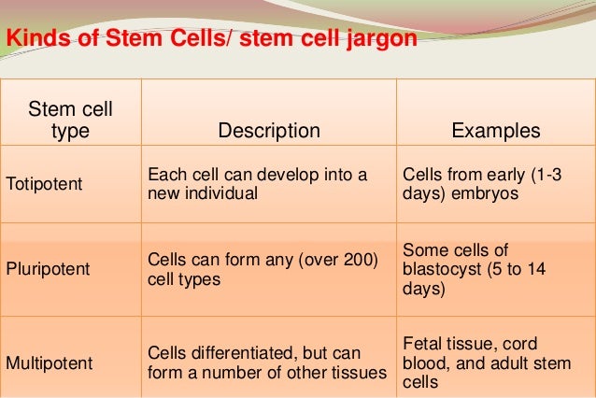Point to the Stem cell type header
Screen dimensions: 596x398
coord(71,122)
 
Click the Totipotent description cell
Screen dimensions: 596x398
coord(258,185)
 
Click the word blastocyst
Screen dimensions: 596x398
coord(438,271)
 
